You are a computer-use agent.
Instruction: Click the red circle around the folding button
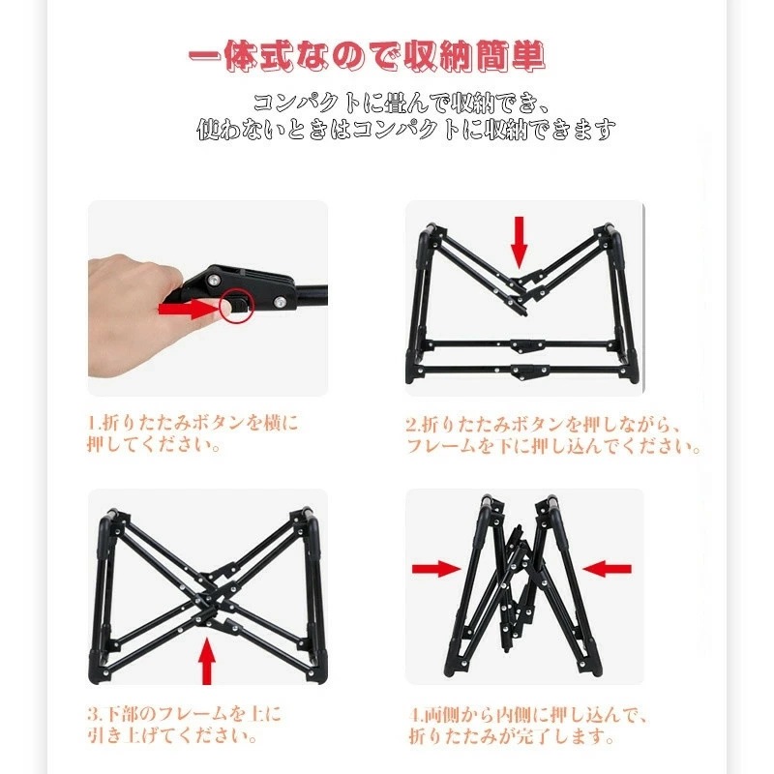235,306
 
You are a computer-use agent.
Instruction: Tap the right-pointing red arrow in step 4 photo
435,568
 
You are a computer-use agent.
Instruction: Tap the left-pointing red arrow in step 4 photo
609,568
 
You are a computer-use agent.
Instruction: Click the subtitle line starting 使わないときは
406,128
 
